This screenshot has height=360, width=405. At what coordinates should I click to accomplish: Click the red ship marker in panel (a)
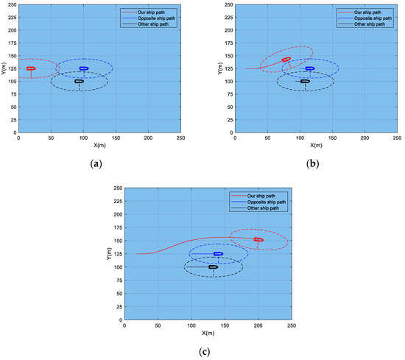(x=31, y=68)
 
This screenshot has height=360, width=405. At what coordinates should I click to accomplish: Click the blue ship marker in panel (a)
(x=84, y=68)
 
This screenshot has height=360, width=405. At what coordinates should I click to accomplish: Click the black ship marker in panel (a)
(x=79, y=81)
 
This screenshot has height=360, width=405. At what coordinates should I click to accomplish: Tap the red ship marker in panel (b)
(x=286, y=60)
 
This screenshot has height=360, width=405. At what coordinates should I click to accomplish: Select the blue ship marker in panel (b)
(x=309, y=68)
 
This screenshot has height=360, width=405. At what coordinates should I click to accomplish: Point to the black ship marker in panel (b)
(x=305, y=81)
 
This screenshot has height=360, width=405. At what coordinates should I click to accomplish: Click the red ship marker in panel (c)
(x=258, y=239)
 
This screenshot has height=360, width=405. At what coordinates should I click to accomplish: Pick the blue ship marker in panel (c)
(x=218, y=253)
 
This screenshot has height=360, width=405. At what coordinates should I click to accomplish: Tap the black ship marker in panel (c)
(x=213, y=267)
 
